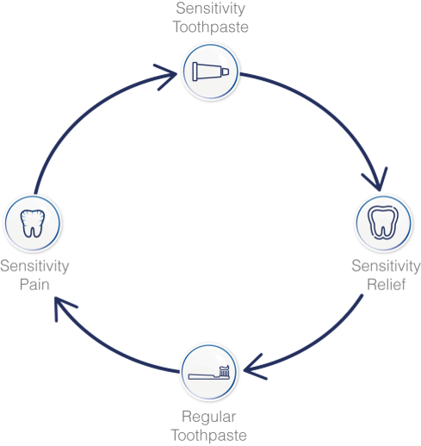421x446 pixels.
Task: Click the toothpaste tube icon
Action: [x=210, y=71]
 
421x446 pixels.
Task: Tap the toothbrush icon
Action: [x=209, y=372]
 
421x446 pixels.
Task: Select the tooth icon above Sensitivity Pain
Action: [x=33, y=224]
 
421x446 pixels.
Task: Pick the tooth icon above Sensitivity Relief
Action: [x=383, y=223]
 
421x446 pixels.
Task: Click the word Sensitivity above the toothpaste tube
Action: [x=210, y=9]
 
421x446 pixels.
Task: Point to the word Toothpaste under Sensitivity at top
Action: [x=210, y=28]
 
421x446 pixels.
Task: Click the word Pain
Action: [x=34, y=285]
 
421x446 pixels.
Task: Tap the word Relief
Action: [x=387, y=284]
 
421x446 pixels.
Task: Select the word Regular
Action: [x=208, y=418]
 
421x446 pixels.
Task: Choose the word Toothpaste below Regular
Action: [x=208, y=436]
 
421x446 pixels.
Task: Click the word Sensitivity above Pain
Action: [x=34, y=266]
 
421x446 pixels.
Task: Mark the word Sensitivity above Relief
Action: [x=386, y=266]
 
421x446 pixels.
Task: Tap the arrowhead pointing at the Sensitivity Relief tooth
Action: [x=377, y=183]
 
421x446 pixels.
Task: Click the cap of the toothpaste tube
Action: [x=226, y=71]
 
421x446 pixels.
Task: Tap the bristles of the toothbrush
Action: [x=224, y=370]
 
